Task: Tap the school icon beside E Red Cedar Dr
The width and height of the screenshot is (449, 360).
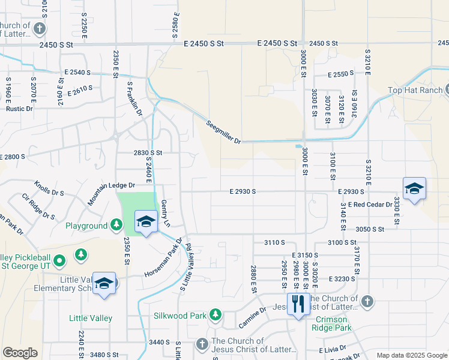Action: tap(414, 190)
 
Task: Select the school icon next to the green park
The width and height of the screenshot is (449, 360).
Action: tap(145, 222)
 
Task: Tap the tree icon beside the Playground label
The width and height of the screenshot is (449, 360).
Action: tap(116, 226)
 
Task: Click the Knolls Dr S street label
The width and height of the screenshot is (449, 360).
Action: tap(49, 189)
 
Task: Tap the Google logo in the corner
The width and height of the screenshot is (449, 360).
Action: tap(20, 353)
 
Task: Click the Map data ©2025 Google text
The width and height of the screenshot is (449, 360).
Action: tap(411, 355)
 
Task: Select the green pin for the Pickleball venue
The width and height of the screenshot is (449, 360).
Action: tap(59, 261)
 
